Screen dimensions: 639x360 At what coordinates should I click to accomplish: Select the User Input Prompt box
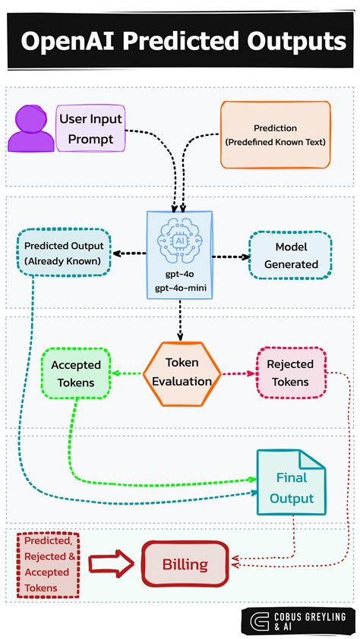pyautogui.click(x=90, y=129)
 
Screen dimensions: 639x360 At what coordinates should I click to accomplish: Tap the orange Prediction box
pyautogui.click(x=276, y=134)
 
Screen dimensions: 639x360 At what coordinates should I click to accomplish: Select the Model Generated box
pyautogui.click(x=291, y=255)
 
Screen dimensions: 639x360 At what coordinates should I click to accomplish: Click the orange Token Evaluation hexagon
pyautogui.click(x=182, y=373)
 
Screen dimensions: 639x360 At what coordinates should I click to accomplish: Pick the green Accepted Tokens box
pyautogui.click(x=76, y=373)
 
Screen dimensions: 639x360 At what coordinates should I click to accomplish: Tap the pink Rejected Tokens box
pyautogui.click(x=291, y=373)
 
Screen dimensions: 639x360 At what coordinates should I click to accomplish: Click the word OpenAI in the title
pyautogui.click(x=65, y=41)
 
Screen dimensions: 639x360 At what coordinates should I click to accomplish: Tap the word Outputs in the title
pyautogui.click(x=298, y=41)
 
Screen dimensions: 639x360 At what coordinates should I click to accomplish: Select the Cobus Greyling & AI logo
pyautogui.click(x=298, y=620)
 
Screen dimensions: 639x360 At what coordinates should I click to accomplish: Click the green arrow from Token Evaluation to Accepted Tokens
pyautogui.click(x=128, y=373)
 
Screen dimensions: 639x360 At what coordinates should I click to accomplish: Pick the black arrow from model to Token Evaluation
pyautogui.click(x=181, y=321)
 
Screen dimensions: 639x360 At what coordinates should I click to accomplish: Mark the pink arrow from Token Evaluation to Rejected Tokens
pyautogui.click(x=238, y=373)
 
